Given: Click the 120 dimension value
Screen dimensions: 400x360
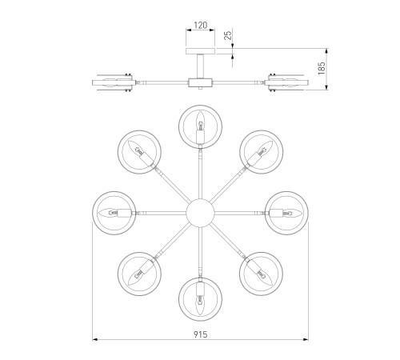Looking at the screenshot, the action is point(200,25).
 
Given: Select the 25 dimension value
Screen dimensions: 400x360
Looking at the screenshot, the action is point(228,35).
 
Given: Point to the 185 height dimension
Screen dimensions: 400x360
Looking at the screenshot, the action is point(322,68).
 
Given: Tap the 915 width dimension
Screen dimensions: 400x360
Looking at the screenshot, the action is point(200,334).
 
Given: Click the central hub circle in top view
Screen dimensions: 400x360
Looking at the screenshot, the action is point(200,213).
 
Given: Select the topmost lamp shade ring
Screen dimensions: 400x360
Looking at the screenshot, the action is point(200,106).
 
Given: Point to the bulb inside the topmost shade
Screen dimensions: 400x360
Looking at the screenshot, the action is point(200,122).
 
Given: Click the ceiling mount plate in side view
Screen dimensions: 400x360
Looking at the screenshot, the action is point(200,51).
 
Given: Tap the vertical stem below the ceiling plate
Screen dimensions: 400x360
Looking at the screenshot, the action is point(200,66).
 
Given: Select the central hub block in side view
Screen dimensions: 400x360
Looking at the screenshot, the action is point(200,82).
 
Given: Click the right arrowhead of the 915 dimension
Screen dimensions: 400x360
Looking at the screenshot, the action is point(306,340).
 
